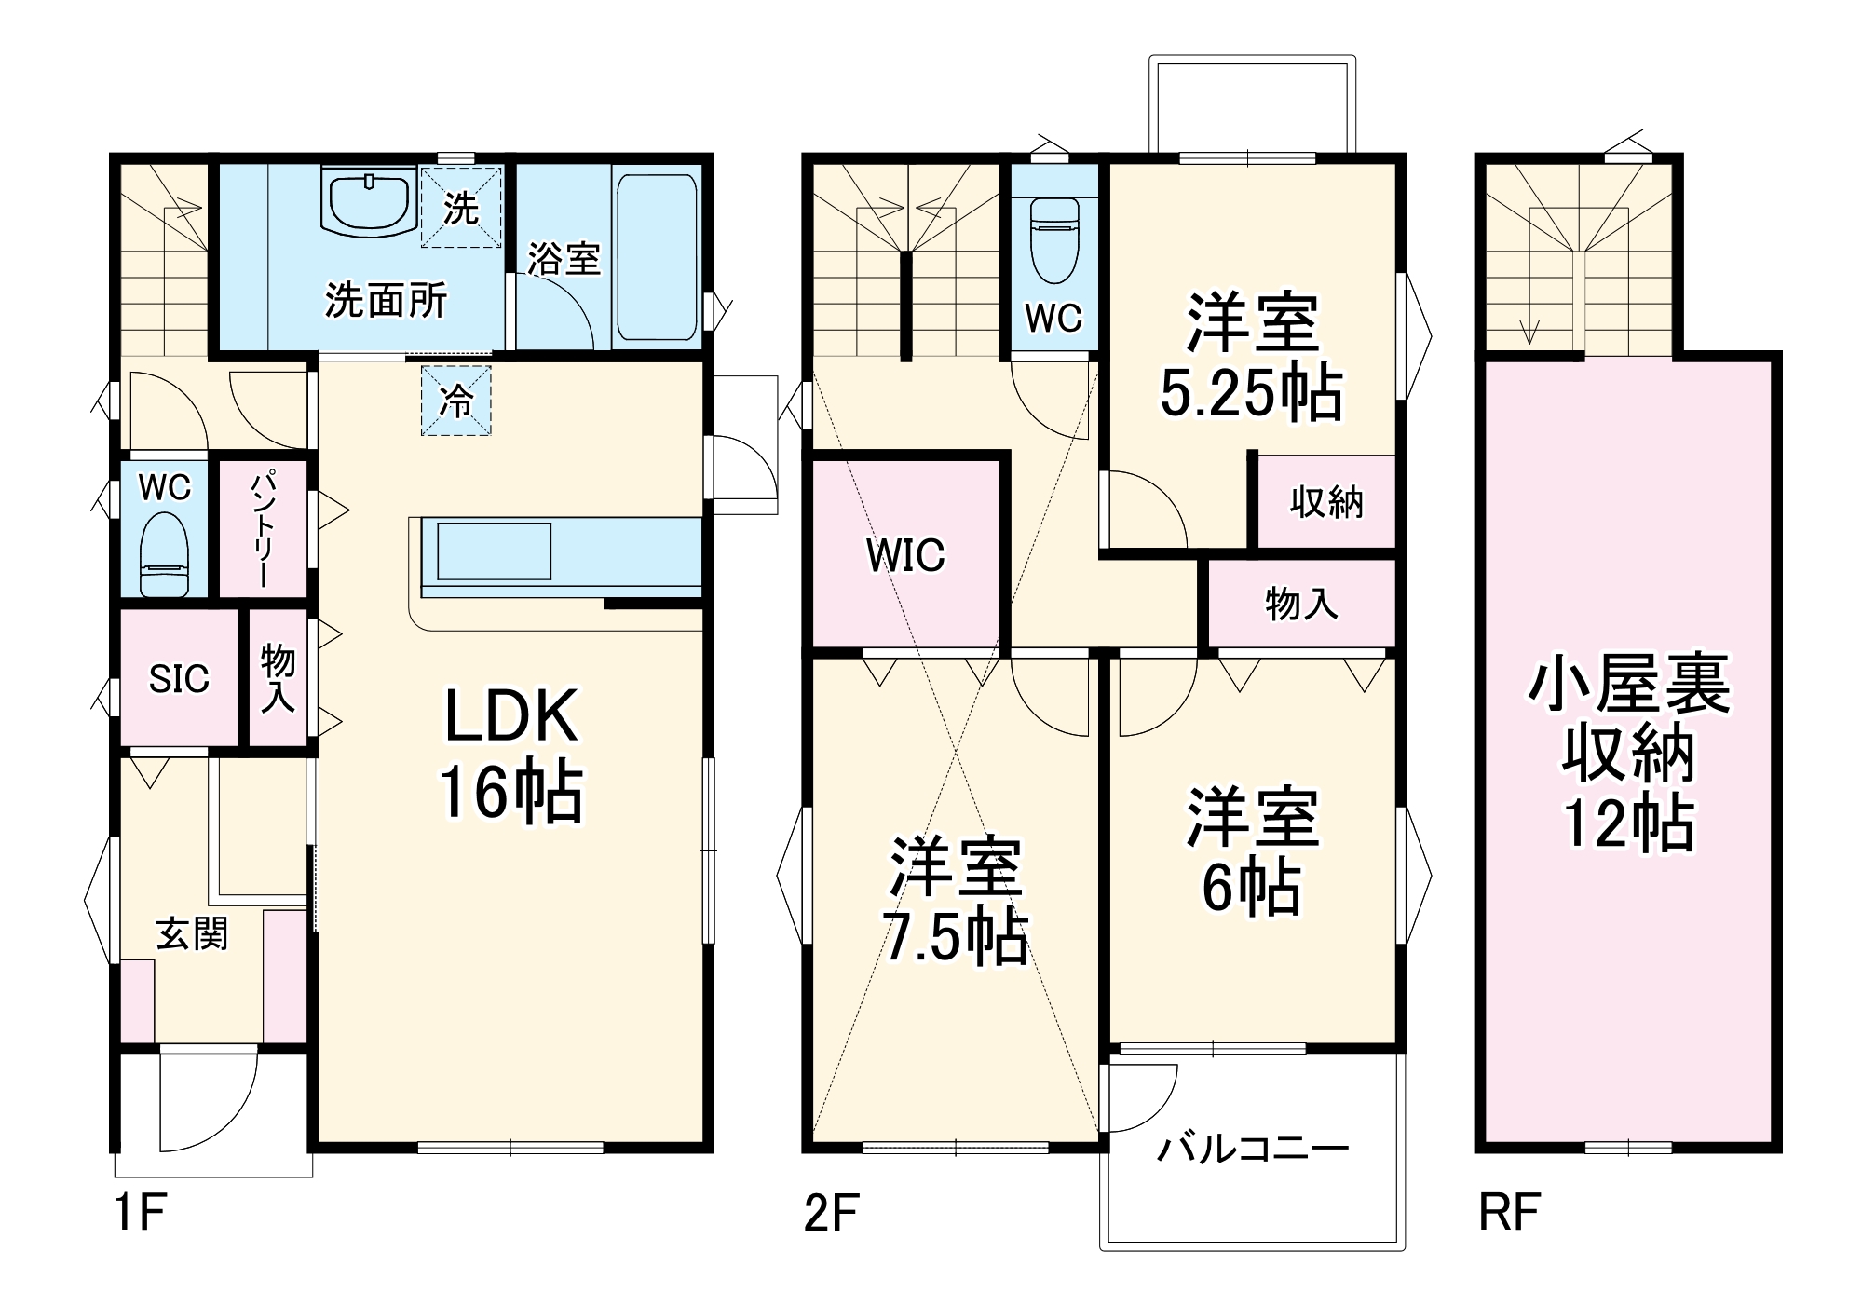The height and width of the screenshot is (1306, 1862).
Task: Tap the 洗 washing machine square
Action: point(461,207)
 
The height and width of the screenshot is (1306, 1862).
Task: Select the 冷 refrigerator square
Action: point(455,401)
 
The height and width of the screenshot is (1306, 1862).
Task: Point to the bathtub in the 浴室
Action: point(656,257)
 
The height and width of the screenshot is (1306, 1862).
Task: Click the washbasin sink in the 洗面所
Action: point(368,198)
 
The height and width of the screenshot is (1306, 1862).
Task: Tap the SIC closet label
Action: point(179,678)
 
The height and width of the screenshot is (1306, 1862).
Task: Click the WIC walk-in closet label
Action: point(905,555)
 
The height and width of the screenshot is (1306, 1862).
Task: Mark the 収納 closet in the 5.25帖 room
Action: point(1326,502)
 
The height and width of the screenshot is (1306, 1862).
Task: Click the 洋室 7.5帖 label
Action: point(956,900)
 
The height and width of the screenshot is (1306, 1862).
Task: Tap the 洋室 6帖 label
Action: point(1251,851)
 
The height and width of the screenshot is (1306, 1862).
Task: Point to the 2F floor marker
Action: point(830,1213)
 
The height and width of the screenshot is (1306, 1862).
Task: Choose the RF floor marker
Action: point(1509,1213)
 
